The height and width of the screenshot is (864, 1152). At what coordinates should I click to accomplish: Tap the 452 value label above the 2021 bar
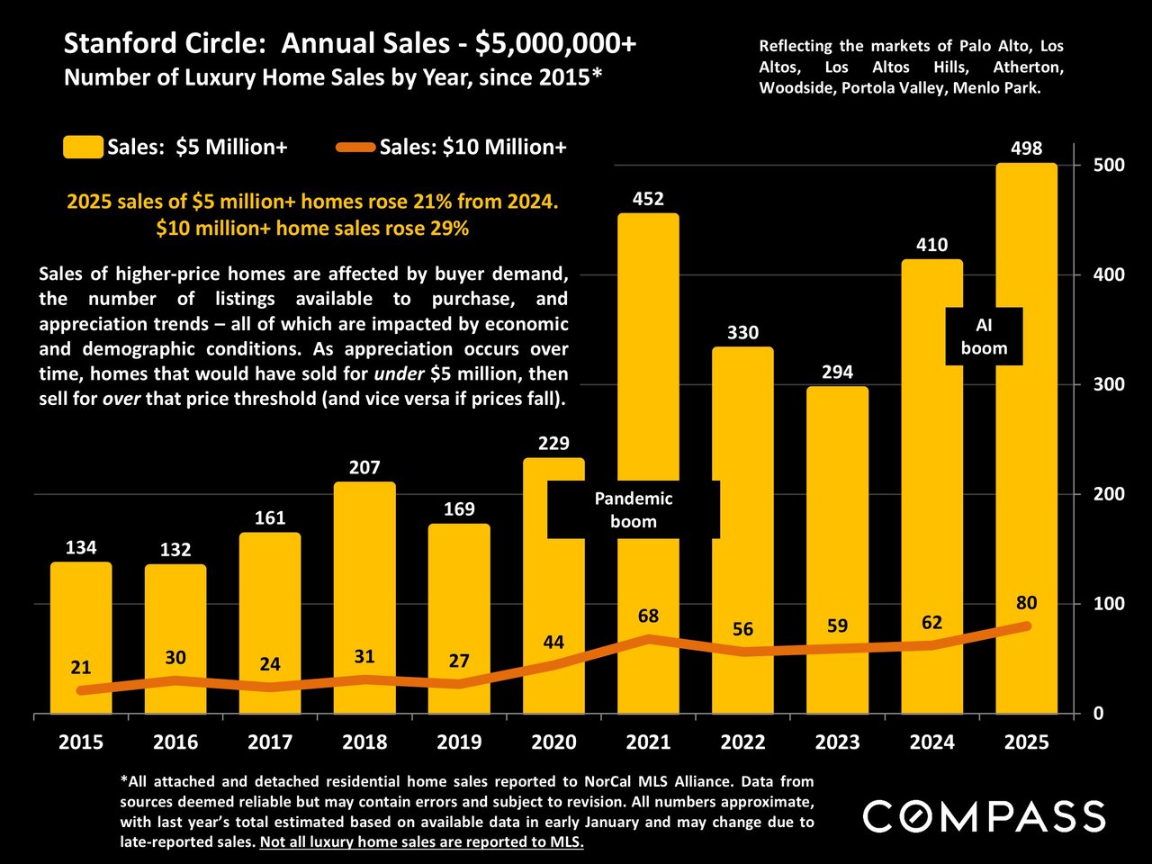[x=648, y=199]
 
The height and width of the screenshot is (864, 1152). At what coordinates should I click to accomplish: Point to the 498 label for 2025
[x=1026, y=149]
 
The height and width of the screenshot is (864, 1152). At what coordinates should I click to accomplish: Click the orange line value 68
[x=648, y=616]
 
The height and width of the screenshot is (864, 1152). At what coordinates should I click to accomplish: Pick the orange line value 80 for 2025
[x=1026, y=603]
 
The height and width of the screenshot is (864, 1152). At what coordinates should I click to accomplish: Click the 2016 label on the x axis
[x=175, y=742]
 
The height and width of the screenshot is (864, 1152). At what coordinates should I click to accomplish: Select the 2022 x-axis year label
[x=742, y=742]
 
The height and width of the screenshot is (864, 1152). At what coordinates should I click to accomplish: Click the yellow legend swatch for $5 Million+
[x=83, y=147]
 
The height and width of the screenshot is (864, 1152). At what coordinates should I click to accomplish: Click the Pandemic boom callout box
[x=634, y=510]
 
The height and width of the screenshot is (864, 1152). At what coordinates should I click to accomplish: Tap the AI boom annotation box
[x=984, y=337]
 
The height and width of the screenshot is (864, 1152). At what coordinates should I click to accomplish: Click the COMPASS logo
[x=984, y=816]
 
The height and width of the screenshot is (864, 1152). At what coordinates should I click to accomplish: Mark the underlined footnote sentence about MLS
[x=421, y=842]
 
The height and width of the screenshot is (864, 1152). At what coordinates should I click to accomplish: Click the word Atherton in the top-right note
[x=1028, y=67]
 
